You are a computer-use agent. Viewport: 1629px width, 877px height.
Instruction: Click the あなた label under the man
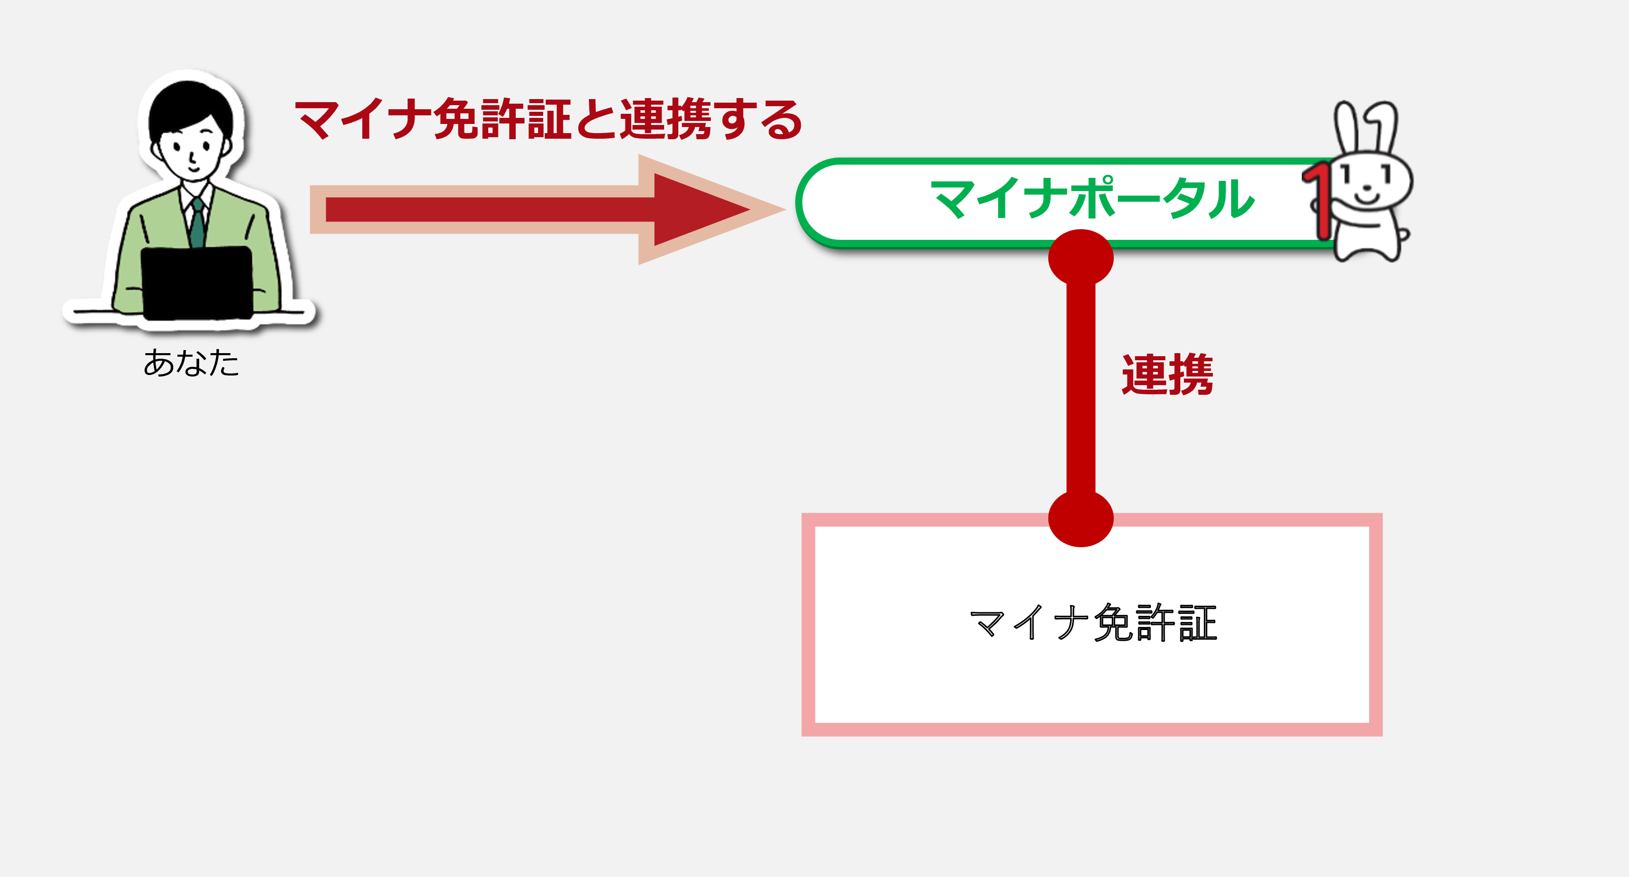click(x=191, y=363)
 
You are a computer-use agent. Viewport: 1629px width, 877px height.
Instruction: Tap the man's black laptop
click(x=197, y=283)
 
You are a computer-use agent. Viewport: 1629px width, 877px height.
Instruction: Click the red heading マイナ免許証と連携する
click(x=548, y=119)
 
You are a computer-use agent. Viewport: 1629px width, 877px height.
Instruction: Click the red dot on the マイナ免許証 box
click(x=1081, y=518)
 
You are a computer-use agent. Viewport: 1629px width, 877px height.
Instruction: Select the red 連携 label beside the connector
click(x=1167, y=375)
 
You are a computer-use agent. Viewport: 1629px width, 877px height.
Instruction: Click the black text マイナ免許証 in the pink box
click(x=1093, y=623)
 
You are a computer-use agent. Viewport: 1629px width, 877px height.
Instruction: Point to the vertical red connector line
click(x=1081, y=388)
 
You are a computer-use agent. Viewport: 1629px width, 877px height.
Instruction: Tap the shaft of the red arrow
click(x=490, y=209)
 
